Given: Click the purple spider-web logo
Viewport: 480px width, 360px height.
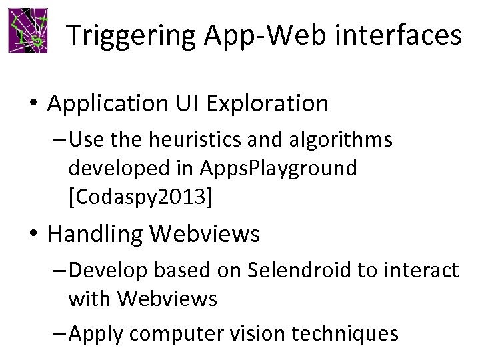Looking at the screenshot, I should pyautogui.click(x=29, y=31).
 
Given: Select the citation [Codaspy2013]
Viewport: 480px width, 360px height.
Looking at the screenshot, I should pyautogui.click(x=141, y=197).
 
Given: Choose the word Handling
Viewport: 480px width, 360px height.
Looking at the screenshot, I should pyautogui.click(x=95, y=234).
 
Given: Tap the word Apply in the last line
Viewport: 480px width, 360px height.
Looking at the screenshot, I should pyautogui.click(x=94, y=333).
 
